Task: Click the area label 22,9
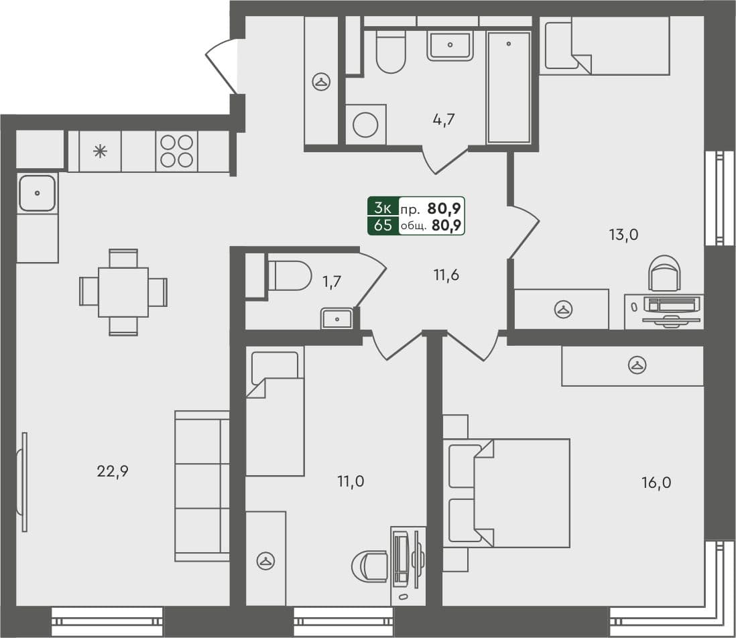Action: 113,471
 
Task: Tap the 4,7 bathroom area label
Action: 444,121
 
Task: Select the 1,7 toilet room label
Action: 332,281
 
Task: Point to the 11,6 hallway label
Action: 446,274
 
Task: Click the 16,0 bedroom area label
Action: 656,482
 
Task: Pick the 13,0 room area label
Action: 623,235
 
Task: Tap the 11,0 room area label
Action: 350,481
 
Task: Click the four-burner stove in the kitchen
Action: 176,151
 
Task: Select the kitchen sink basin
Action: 37,192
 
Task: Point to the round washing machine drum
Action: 366,125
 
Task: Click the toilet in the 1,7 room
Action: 290,275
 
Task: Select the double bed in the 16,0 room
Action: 507,493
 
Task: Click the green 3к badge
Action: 383,206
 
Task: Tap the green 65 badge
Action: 383,225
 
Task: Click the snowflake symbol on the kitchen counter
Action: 100,151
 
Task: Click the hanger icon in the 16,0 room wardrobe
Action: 635,365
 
